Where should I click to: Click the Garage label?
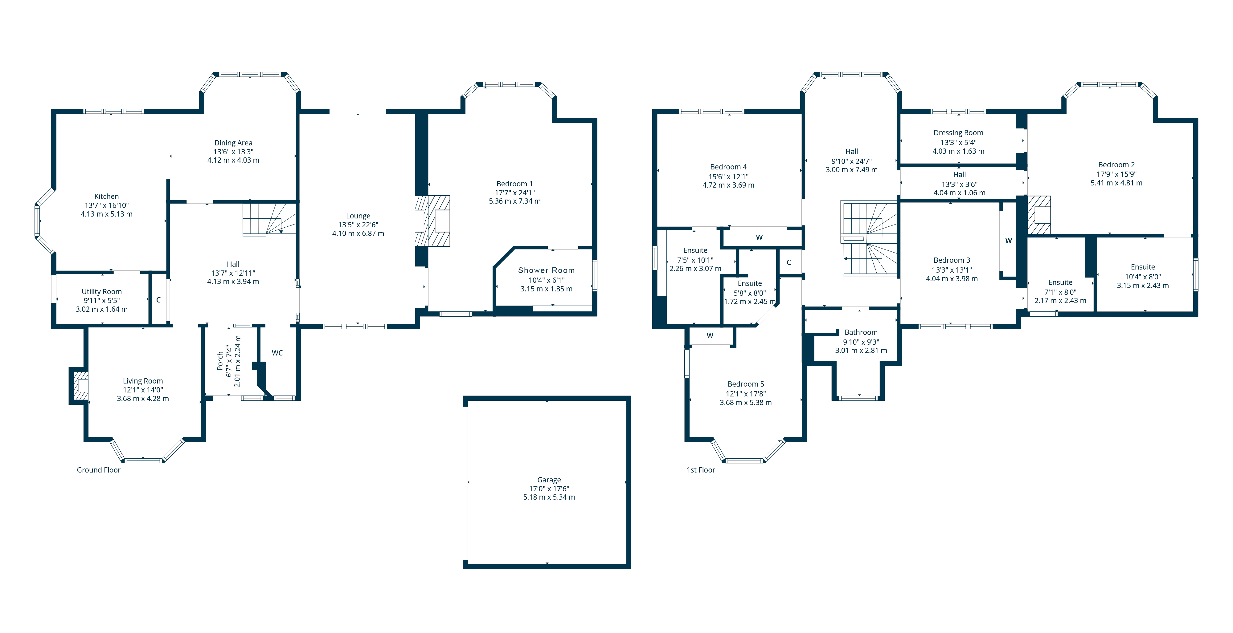(549, 479)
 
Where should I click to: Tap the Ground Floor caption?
(99, 470)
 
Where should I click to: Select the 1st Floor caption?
(701, 470)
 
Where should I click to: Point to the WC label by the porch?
(277, 353)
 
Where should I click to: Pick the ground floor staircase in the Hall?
(268, 219)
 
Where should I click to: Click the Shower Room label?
(546, 270)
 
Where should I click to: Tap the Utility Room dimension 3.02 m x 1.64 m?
(101, 309)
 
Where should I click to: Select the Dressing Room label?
(958, 132)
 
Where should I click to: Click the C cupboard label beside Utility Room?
(158, 300)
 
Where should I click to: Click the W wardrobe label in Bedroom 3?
(1009, 241)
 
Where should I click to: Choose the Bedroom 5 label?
(746, 384)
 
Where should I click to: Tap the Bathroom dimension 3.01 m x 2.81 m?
(861, 350)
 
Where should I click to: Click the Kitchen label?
(106, 196)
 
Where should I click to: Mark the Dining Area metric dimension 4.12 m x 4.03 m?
(233, 160)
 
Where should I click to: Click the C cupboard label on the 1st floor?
(789, 262)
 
